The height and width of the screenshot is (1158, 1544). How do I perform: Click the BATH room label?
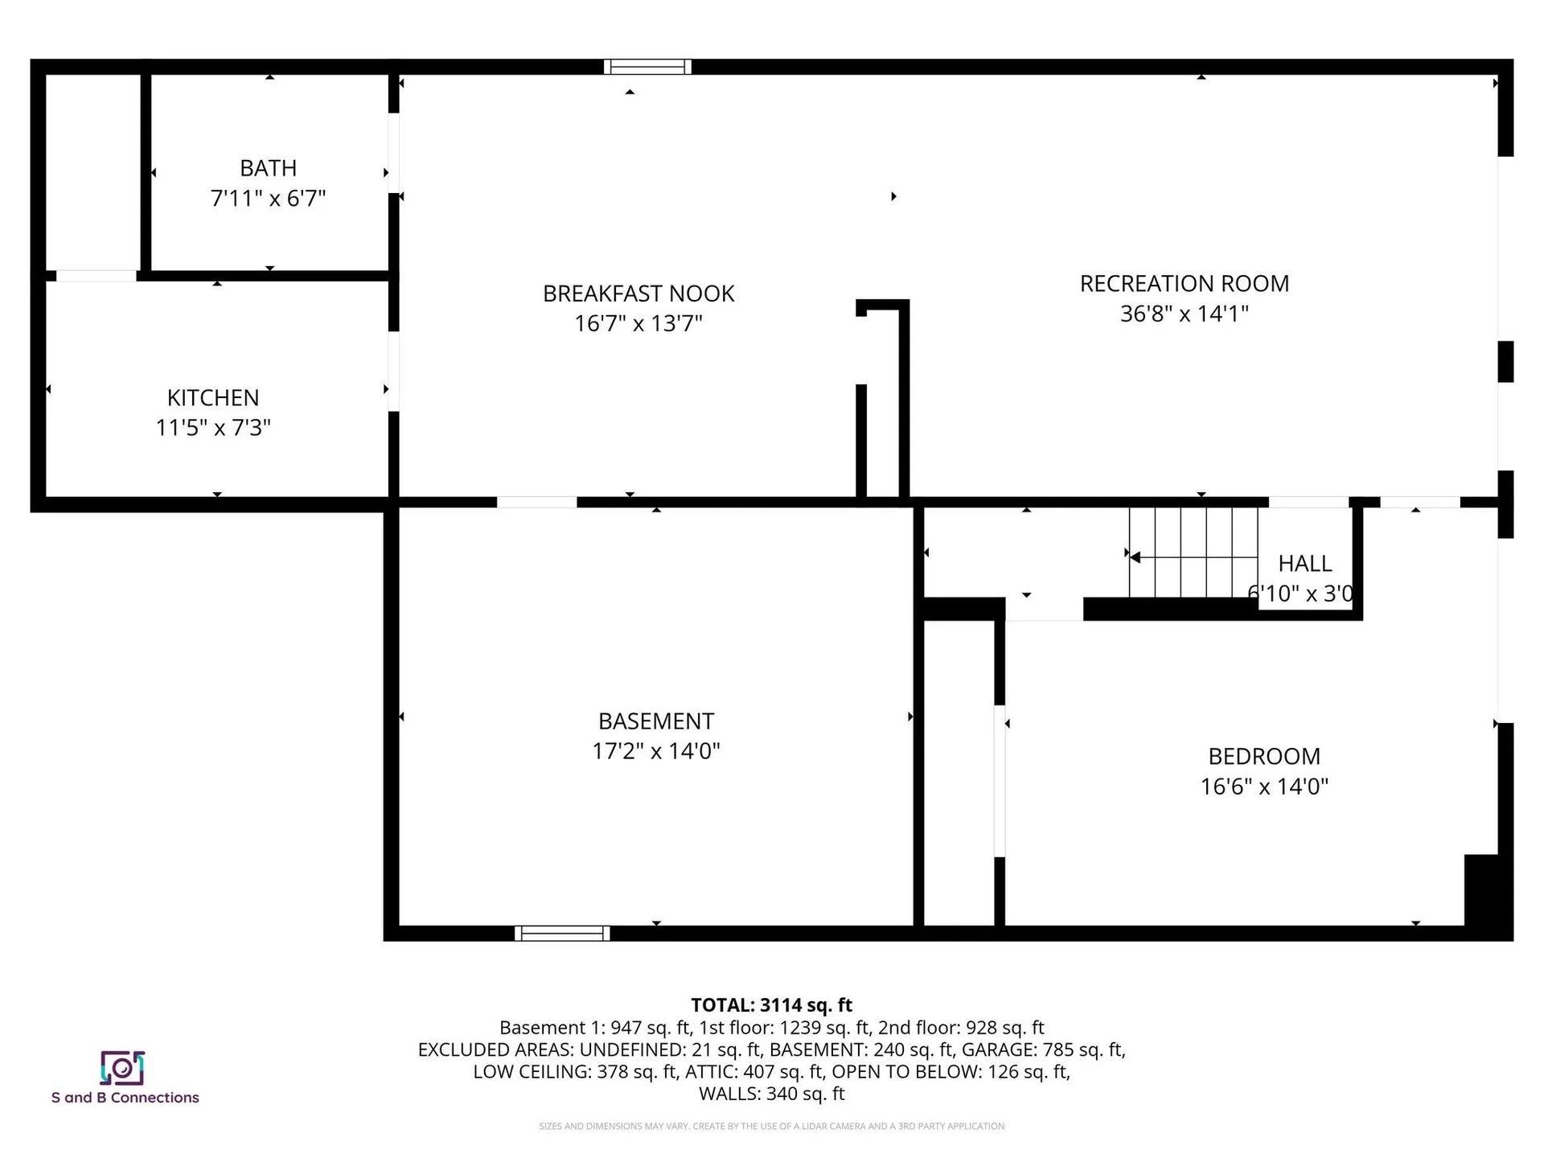[268, 168]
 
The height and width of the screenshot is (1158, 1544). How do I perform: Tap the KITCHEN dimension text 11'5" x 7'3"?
[213, 428]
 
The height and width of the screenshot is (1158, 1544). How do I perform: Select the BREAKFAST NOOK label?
[639, 294]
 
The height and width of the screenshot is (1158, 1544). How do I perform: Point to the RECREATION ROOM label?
[1184, 284]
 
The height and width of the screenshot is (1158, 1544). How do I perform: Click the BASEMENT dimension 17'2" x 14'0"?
[655, 751]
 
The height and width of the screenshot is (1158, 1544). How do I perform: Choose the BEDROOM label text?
[1264, 757]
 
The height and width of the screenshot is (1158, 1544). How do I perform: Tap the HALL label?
[1304, 564]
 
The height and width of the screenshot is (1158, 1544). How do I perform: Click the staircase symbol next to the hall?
[1193, 553]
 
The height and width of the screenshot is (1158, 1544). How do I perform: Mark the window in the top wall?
[647, 67]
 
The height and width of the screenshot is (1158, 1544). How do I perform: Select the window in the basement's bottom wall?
[562, 934]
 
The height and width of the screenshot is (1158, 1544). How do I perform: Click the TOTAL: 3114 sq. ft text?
[771, 1005]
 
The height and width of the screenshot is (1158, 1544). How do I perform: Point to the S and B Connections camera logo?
[122, 1068]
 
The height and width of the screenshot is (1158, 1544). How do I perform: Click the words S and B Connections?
[125, 1098]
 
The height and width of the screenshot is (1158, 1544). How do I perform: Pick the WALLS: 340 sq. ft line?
[771, 1094]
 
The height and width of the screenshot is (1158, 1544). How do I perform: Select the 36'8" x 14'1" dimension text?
[1184, 314]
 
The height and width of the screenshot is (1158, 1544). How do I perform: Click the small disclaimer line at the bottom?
[771, 1127]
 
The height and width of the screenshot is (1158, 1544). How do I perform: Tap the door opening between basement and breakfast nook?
[536, 503]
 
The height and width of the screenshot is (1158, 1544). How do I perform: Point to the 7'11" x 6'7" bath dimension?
[268, 199]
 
